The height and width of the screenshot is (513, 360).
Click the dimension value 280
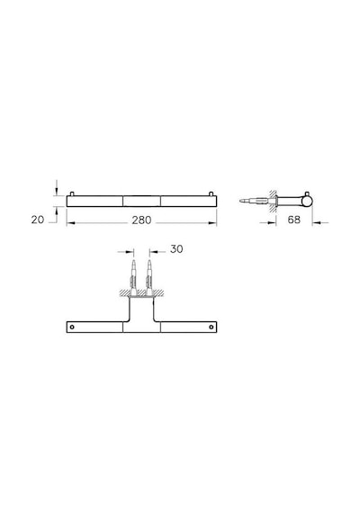click(141, 220)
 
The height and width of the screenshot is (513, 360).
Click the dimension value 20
click(38, 220)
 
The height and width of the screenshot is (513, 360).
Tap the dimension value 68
click(294, 220)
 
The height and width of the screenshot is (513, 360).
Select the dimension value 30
click(176, 249)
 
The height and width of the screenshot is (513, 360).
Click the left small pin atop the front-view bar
click(72, 193)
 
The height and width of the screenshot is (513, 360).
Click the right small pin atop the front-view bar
click(211, 193)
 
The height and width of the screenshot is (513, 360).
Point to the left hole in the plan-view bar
click(72, 327)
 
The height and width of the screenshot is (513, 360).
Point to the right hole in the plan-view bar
click(211, 327)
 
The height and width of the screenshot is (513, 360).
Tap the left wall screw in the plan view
click(133, 277)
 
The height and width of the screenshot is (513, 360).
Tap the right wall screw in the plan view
click(149, 277)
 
